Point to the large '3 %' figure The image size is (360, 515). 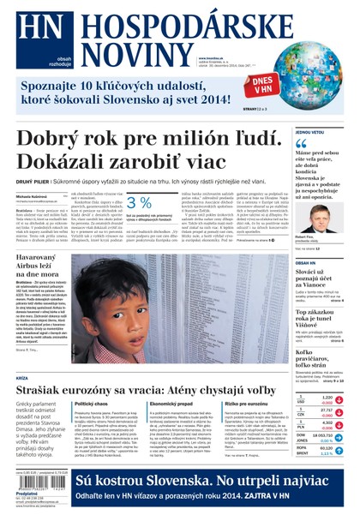click(x=139, y=203)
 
